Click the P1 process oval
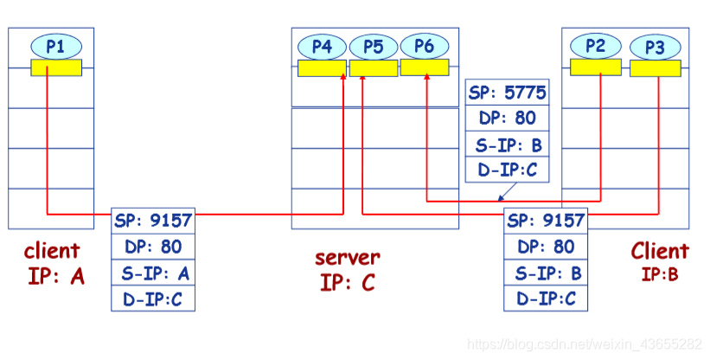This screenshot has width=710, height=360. pos(55,46)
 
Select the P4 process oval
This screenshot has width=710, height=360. pos(322,46)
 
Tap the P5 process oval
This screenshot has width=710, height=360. pos(373,46)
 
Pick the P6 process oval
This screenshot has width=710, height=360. pos(424,46)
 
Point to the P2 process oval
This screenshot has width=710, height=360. pos(596,46)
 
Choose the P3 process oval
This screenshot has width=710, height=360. pos(655,47)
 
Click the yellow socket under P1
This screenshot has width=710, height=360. pos(55,67)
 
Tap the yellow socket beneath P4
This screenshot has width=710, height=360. pos(322,67)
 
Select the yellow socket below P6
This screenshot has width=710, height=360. pos(424,67)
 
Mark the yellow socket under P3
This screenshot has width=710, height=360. pos(655,67)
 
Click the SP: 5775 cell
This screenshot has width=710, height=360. pos(507,93)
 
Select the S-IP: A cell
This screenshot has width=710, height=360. pos(153,273)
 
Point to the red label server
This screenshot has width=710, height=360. pos(347,257)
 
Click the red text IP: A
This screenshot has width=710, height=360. pos(51,280)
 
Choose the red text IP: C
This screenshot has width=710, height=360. pos(347,282)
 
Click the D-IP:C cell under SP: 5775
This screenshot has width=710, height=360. pos(507,170)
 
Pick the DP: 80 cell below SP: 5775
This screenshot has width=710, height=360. pos(507,119)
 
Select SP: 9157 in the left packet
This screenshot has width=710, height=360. pos(153,220)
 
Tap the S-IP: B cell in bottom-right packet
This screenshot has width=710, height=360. pos(545,273)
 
